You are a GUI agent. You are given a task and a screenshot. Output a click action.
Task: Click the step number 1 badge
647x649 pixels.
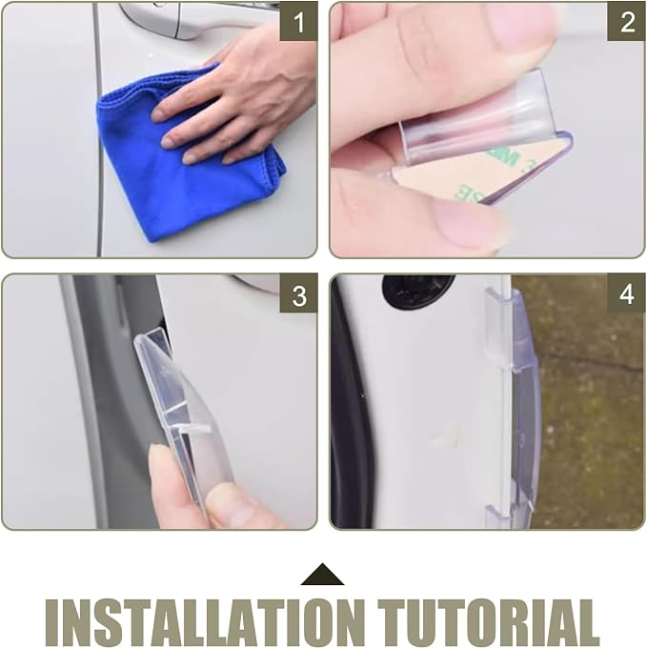click(298, 22)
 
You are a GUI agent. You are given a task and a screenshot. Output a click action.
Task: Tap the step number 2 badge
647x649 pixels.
click(626, 22)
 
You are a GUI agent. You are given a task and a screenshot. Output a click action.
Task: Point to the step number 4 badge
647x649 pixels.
click(626, 294)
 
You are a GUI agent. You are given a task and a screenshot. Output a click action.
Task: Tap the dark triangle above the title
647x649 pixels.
click(322, 575)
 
